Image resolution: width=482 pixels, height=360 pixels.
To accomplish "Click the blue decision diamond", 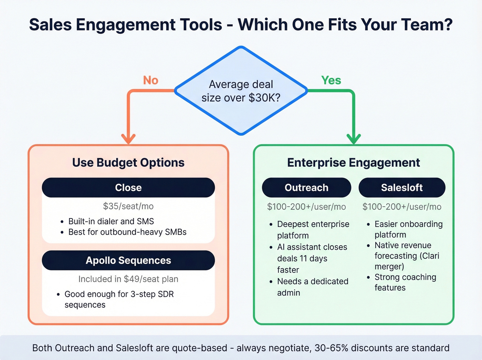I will point(241,91).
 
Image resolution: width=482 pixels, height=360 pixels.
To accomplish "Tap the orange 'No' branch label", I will point(150,80).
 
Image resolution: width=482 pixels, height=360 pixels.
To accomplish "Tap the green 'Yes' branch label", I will point(331,80).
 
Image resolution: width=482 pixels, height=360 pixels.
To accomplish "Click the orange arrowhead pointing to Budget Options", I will point(128,139).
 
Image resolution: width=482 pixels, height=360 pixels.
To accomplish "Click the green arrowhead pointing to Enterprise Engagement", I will point(354,139).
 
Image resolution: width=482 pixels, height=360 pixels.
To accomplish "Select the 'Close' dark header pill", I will point(128,187).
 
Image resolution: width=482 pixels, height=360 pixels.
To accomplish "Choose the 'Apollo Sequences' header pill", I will point(128,260).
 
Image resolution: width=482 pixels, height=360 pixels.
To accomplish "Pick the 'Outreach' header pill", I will point(306,187).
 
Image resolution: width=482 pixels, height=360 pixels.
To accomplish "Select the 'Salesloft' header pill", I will point(402,187).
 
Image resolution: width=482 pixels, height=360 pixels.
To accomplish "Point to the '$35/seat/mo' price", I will point(128,206).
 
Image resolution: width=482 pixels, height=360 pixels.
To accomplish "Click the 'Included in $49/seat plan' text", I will point(128,279).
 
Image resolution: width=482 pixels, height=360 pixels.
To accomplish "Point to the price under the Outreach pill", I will point(306,207).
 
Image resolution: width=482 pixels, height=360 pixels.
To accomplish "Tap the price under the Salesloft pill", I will point(402,207).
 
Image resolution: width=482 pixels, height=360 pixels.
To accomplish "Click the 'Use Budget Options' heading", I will point(128,163).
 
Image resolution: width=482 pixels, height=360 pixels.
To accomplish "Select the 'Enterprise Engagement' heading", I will point(354,163).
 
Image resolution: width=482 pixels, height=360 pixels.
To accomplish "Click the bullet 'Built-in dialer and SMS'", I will point(111,221).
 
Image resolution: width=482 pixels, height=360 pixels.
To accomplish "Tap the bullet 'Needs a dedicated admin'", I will point(312,287).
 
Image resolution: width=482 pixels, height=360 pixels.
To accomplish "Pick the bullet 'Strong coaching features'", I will point(405,282).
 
